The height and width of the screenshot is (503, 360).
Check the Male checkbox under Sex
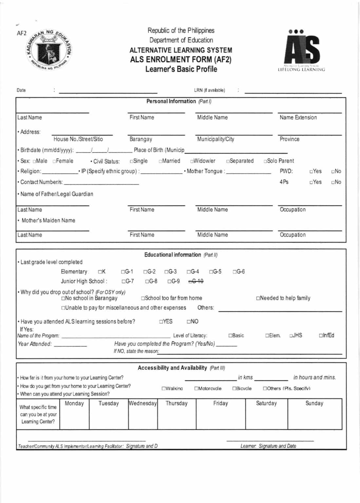[x=34, y=161]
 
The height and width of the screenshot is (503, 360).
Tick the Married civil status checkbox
[x=161, y=161]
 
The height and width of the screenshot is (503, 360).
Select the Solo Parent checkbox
[x=265, y=161]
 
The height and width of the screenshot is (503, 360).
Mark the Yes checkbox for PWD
[x=311, y=171]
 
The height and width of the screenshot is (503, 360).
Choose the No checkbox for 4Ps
[x=333, y=182]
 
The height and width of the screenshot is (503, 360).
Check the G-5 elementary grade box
[x=211, y=272]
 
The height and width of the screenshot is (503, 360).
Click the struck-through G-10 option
[x=196, y=281]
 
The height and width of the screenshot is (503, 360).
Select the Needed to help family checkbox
[x=258, y=298]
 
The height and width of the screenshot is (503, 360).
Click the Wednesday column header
[x=143, y=403]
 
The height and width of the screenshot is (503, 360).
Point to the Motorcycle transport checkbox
[x=196, y=389]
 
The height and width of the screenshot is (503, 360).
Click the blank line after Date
[x=108, y=92]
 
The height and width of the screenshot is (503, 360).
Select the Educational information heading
[x=173, y=255]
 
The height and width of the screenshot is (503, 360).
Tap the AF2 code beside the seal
[x=22, y=33]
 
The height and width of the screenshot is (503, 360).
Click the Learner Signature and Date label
[x=268, y=446]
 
